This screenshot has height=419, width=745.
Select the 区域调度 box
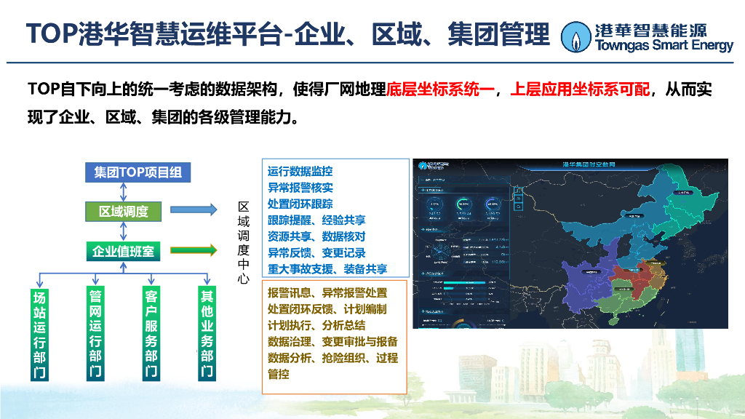pyautogui.click(x=124, y=212)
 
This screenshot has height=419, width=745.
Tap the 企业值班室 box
pyautogui.click(x=124, y=252)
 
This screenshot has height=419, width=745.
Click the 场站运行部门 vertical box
pyautogui.click(x=40, y=334)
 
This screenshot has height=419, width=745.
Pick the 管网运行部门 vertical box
pyautogui.click(x=95, y=334)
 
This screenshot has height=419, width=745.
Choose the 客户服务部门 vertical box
pyautogui.click(x=151, y=334)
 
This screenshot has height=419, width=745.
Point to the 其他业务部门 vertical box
pyautogui.click(x=207, y=334)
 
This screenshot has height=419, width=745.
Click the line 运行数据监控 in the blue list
pyautogui.click(x=300, y=172)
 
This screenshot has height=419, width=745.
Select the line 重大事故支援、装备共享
pyautogui.click(x=327, y=268)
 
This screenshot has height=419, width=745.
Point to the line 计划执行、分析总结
pyautogui.click(x=316, y=325)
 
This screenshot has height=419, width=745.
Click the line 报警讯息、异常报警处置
pyautogui.click(x=327, y=292)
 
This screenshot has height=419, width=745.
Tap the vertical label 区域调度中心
pyautogui.click(x=244, y=243)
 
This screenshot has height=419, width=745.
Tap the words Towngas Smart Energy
pyautogui.click(x=664, y=47)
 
